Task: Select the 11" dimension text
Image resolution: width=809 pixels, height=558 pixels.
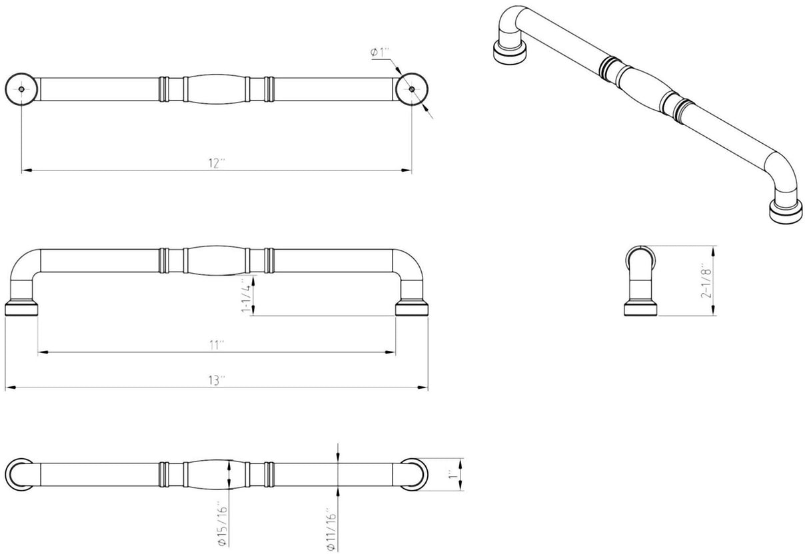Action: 216,345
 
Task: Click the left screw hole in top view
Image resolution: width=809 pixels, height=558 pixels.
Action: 21,89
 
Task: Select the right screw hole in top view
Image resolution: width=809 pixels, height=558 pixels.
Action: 411,89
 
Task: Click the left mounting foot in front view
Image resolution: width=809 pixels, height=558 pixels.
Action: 21,308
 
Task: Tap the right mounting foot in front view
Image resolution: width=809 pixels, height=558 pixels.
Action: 411,308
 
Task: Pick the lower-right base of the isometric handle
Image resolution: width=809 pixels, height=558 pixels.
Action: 784,211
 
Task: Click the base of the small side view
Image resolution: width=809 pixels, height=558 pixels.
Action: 641,309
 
